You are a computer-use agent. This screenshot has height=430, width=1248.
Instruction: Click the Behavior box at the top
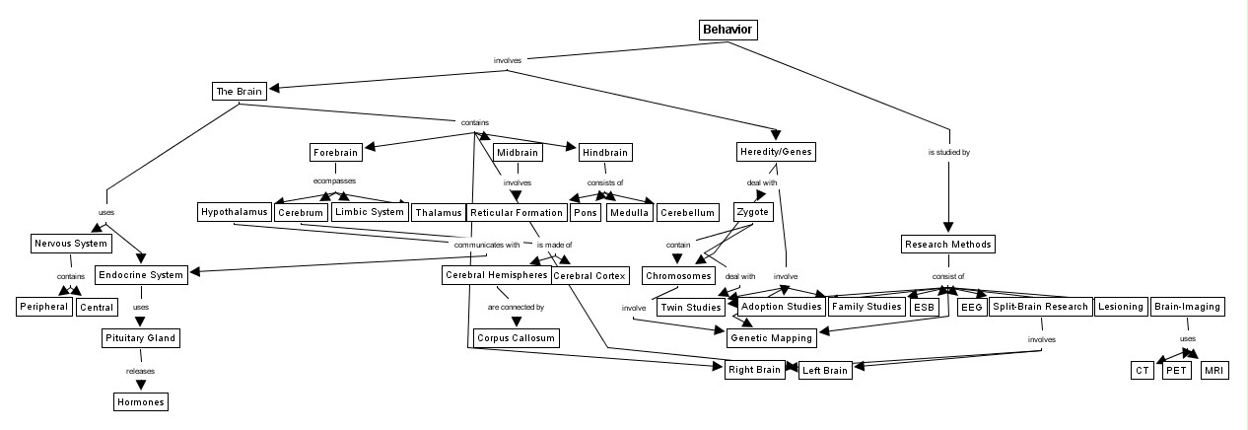click(x=728, y=30)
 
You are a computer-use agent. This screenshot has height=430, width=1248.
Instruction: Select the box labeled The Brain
click(x=239, y=92)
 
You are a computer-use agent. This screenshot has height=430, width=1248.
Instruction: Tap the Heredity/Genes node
click(x=777, y=152)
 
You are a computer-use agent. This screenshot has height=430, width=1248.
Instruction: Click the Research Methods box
click(x=947, y=244)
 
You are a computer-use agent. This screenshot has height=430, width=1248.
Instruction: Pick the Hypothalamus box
click(x=234, y=212)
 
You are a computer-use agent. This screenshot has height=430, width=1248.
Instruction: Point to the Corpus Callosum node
click(x=516, y=338)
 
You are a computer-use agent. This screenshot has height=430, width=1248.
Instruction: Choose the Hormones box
click(x=140, y=401)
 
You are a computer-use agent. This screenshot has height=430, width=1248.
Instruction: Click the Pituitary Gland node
click(x=141, y=338)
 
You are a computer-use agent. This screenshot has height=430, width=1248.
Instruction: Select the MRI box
click(x=1213, y=371)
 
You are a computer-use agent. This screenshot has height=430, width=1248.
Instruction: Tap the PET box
click(x=1176, y=371)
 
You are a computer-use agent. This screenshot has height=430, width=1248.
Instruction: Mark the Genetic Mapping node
click(x=772, y=338)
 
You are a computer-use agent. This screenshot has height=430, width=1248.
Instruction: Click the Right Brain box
click(x=754, y=371)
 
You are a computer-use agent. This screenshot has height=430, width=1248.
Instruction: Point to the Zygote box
click(x=753, y=212)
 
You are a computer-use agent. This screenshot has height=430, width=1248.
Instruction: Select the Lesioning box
click(x=1120, y=307)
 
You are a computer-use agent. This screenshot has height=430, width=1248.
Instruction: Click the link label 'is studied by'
click(x=948, y=153)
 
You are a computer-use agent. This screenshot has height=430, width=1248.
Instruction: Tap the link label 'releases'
click(x=140, y=371)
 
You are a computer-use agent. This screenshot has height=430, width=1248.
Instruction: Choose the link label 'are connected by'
click(x=516, y=307)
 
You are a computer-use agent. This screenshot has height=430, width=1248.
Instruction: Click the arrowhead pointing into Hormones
click(x=140, y=385)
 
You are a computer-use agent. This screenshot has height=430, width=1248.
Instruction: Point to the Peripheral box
click(x=44, y=307)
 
